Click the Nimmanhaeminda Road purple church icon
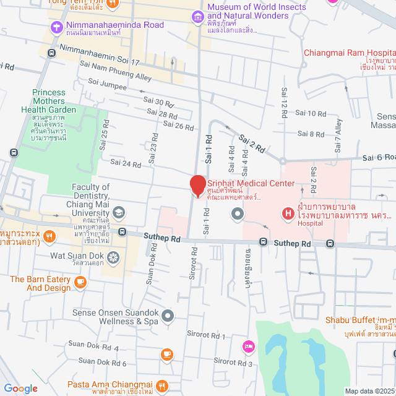[x=57, y=27]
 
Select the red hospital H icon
[x=288, y=214]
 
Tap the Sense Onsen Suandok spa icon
[x=167, y=317]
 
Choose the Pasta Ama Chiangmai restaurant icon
[x=162, y=385]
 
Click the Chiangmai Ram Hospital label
[x=349, y=53]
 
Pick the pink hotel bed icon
[x=248, y=346]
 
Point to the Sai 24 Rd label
[x=126, y=164]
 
